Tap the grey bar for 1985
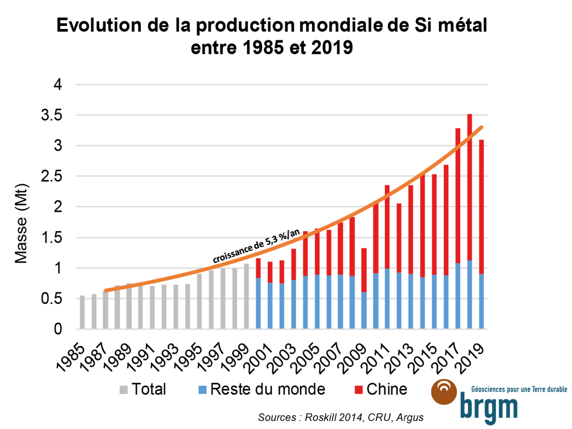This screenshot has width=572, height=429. pyautogui.click(x=82, y=312)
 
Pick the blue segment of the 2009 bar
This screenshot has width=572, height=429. pyautogui.click(x=364, y=311)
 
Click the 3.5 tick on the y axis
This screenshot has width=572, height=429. pyautogui.click(x=51, y=115)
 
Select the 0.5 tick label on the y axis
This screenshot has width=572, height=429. pyautogui.click(x=51, y=299)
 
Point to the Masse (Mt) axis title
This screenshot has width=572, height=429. pyautogui.click(x=21, y=223)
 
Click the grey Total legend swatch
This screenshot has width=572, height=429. pyautogui.click(x=124, y=390)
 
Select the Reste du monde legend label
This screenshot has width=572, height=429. pyautogui.click(x=268, y=389)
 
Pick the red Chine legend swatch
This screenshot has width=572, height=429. pyautogui.click(x=358, y=390)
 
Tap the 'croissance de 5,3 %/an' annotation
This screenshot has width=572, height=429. pyautogui.click(x=256, y=246)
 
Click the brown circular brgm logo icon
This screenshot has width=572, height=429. pyautogui.click(x=444, y=392)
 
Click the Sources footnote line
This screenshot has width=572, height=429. pyautogui.click(x=341, y=417)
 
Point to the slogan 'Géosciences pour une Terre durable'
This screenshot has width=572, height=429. pyautogui.click(x=519, y=390)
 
